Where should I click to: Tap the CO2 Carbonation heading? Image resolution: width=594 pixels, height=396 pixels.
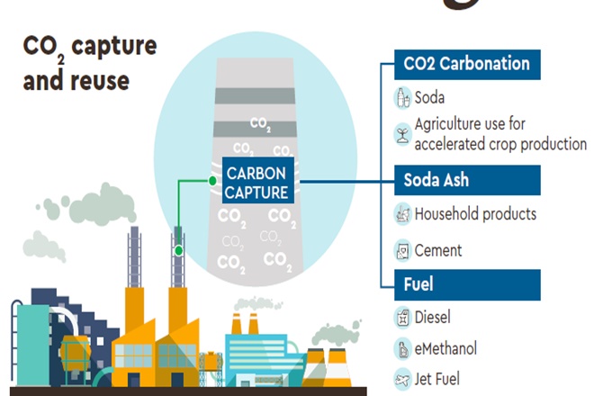pyautogui.click(x=466, y=64)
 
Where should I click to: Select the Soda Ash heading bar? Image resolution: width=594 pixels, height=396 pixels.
pyautogui.click(x=466, y=180)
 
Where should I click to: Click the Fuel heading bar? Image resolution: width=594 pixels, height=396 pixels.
pyautogui.click(x=466, y=284)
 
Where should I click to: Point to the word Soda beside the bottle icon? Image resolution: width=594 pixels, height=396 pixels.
pyautogui.click(x=430, y=97)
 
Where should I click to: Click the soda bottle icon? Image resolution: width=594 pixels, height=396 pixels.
pyautogui.click(x=402, y=97)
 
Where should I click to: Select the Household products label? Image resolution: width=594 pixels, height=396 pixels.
pyautogui.click(x=475, y=214)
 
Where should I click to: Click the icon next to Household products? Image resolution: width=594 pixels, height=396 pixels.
pyautogui.click(x=402, y=214)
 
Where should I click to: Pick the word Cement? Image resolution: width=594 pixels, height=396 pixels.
pyautogui.click(x=438, y=250)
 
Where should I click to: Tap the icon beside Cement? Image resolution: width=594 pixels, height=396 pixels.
pyautogui.click(x=402, y=250)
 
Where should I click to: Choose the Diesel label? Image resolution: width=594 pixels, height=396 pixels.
pyautogui.click(x=433, y=317)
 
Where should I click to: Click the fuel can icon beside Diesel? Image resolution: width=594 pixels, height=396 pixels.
pyautogui.click(x=402, y=317)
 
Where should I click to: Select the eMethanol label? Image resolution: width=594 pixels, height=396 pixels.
pyautogui.click(x=446, y=347)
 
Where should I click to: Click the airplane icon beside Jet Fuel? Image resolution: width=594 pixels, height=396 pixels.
pyautogui.click(x=402, y=378)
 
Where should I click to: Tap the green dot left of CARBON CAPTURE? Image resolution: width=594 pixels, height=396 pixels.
pyautogui.click(x=212, y=180)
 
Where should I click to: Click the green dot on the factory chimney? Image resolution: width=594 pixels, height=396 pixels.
pyautogui.click(x=179, y=249)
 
